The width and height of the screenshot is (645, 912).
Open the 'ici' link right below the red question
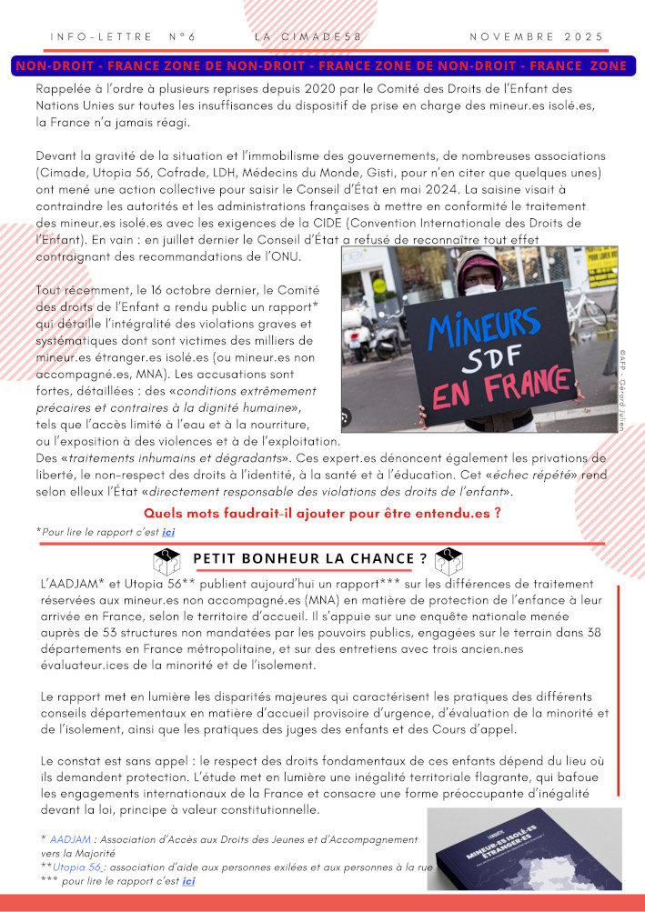point(168,531)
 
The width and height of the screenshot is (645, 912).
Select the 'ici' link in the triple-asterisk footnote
point(188,881)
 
